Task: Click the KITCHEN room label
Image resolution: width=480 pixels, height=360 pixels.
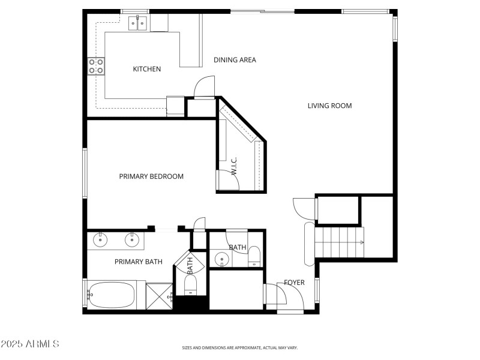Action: pos(146,69)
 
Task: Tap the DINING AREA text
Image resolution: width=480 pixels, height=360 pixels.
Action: pos(235,59)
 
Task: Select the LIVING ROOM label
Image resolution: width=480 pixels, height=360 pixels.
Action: pos(329,106)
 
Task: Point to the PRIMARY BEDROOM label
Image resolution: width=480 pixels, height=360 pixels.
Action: pos(151,176)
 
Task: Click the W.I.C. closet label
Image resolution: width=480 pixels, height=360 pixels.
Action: pos(234,165)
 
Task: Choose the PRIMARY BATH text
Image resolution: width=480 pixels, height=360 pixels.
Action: pos(138,262)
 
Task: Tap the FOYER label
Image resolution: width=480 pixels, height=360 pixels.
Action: pos(294,283)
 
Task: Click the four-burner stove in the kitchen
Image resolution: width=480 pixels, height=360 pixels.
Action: pos(96,65)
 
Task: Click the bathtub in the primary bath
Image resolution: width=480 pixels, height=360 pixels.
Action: pos(111,295)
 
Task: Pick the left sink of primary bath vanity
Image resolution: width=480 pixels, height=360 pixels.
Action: pos(100,241)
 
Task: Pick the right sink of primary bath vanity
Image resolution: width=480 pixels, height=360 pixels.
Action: pos(132,241)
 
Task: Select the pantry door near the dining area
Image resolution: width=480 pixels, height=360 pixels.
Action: pos(204,87)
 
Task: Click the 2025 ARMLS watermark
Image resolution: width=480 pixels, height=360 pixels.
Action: pos(30,344)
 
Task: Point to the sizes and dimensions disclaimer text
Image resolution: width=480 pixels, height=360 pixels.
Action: pos(240,347)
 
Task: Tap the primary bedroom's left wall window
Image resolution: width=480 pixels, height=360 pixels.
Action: pos(85,174)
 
